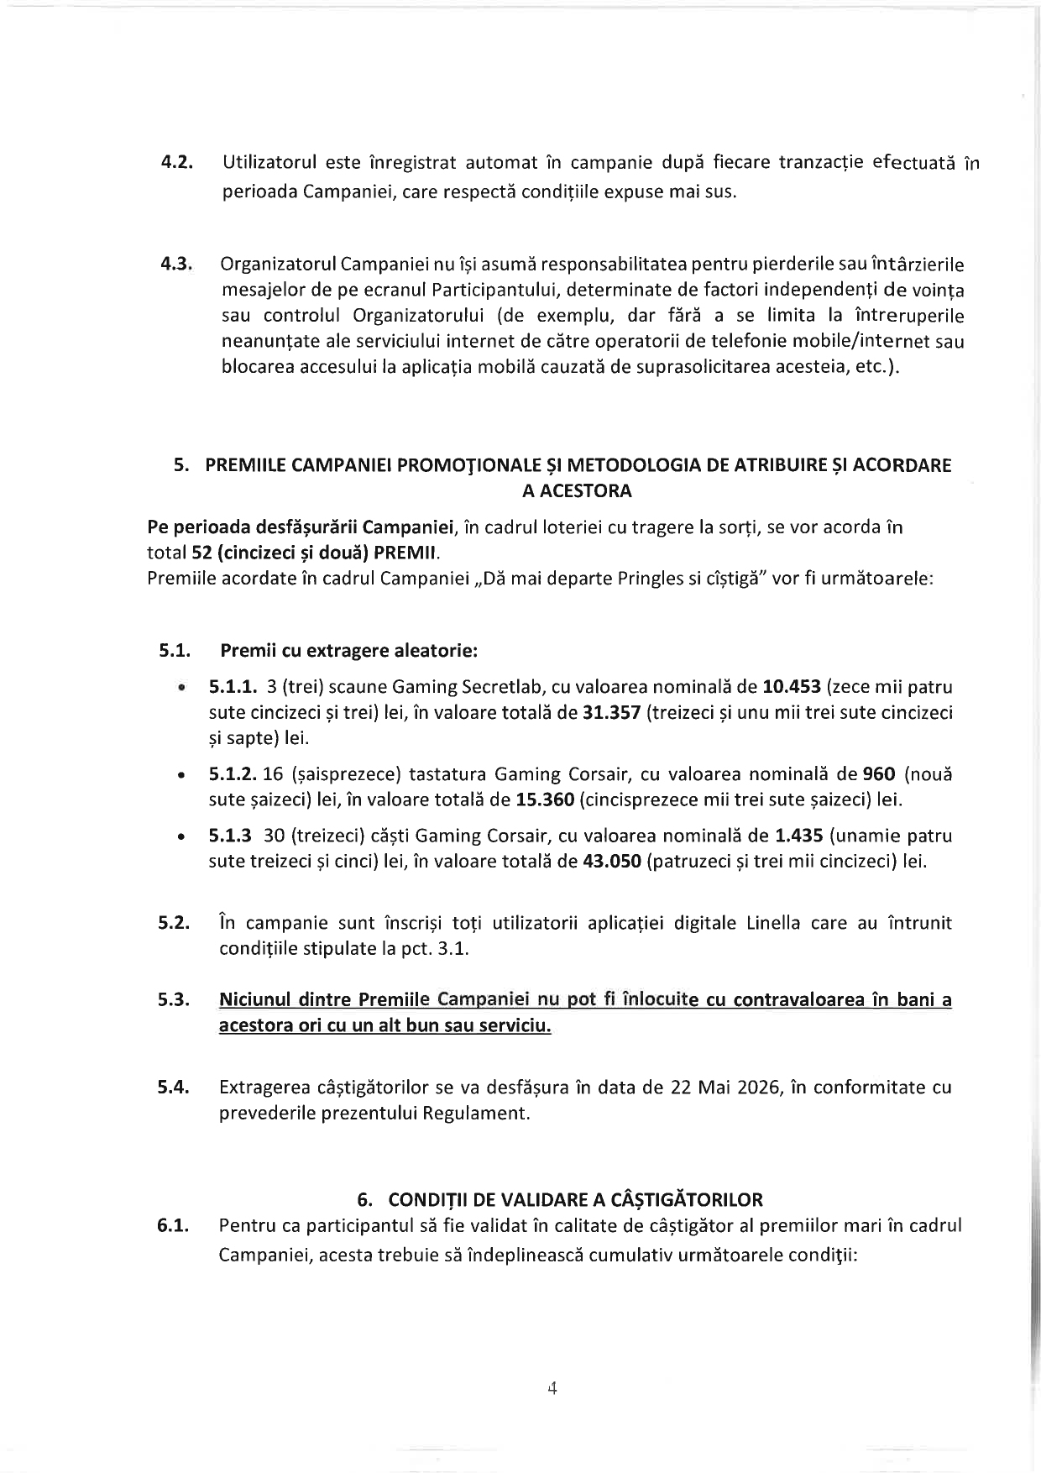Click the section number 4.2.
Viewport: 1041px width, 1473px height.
click(x=177, y=162)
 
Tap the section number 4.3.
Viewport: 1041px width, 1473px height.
click(x=177, y=265)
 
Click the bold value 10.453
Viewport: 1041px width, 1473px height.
click(x=791, y=687)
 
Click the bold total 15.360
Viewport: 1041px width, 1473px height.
click(x=545, y=799)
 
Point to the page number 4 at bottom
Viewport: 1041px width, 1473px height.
click(x=552, y=1388)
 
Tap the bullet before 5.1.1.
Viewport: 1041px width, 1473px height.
click(x=180, y=688)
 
